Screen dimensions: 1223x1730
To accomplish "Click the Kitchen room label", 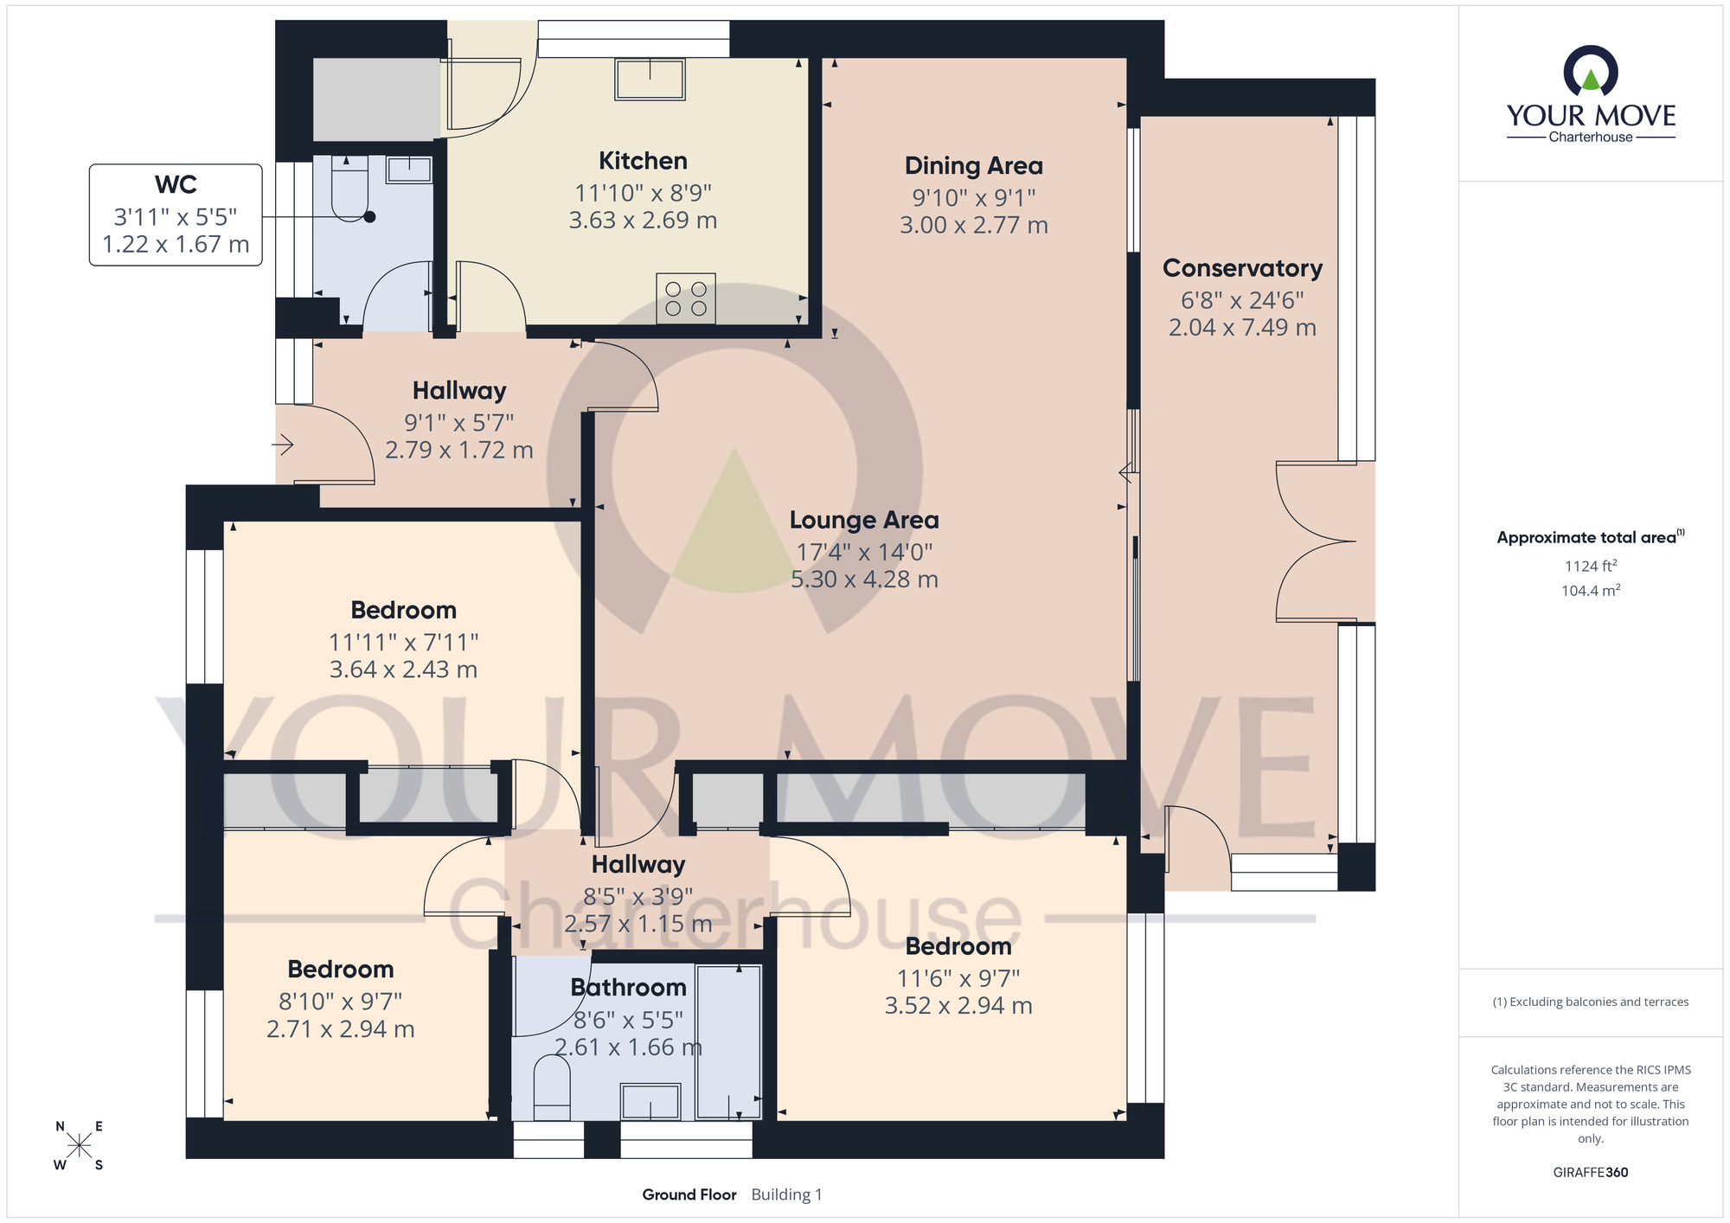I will pyautogui.click(x=643, y=161).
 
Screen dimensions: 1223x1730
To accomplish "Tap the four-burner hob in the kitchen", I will pyautogui.click(x=686, y=298).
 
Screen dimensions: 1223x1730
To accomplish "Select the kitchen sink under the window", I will pyautogui.click(x=650, y=80).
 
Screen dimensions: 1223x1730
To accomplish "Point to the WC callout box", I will pyautogui.click(x=176, y=215).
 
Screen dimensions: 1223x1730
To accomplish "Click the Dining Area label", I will pyautogui.click(x=973, y=165).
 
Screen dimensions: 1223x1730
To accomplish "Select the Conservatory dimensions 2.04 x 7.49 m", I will pyautogui.click(x=1242, y=328).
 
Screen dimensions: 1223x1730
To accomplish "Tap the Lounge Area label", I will pyautogui.click(x=863, y=520).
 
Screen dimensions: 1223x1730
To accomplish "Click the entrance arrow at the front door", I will pyautogui.click(x=284, y=445).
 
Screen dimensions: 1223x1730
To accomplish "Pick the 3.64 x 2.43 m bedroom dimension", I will pyautogui.click(x=403, y=669).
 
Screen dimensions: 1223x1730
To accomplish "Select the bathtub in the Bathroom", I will pyautogui.click(x=728, y=1041).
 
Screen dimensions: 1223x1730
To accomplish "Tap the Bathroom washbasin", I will pyautogui.click(x=650, y=1101).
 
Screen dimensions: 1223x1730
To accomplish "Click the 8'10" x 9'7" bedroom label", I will pyautogui.click(x=340, y=1001).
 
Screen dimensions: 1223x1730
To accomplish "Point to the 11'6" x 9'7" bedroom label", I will pyautogui.click(x=958, y=978).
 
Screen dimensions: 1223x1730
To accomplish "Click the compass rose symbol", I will pyautogui.click(x=79, y=1146).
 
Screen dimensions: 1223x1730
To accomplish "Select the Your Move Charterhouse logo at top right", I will pyautogui.click(x=1590, y=95).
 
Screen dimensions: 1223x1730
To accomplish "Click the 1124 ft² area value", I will pyautogui.click(x=1590, y=566).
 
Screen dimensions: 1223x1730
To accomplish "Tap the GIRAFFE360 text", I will pyautogui.click(x=1590, y=1173).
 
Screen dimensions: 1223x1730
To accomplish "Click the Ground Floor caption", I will pyautogui.click(x=689, y=1194).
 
